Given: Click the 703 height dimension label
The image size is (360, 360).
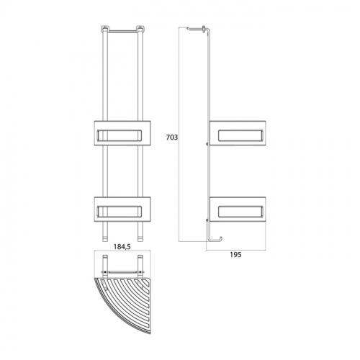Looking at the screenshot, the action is tap(172, 138).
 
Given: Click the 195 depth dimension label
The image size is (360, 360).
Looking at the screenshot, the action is tap(235, 255).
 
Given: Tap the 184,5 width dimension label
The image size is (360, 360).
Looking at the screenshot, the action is tap(122, 247).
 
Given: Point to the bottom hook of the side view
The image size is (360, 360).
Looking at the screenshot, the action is tap(215, 240).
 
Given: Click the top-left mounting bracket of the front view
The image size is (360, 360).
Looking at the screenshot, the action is tap(104, 29).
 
